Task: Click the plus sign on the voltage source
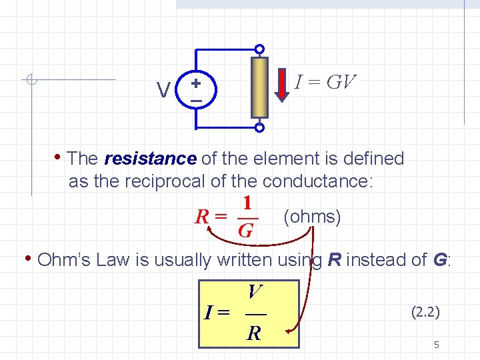[x=196, y=83]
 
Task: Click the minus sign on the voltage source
[x=196, y=101]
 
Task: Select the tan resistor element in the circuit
[x=259, y=87]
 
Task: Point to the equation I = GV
[x=325, y=83]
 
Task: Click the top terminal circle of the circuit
[x=259, y=49]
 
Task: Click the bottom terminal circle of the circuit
[x=259, y=127]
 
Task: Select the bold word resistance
[x=150, y=159]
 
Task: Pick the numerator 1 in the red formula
[x=247, y=203]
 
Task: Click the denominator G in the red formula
[x=245, y=231]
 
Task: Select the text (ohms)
[x=312, y=217]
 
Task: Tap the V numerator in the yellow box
[x=254, y=291]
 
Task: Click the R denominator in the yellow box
[x=254, y=332]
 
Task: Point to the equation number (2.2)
[x=425, y=311]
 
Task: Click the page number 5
[x=436, y=345]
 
